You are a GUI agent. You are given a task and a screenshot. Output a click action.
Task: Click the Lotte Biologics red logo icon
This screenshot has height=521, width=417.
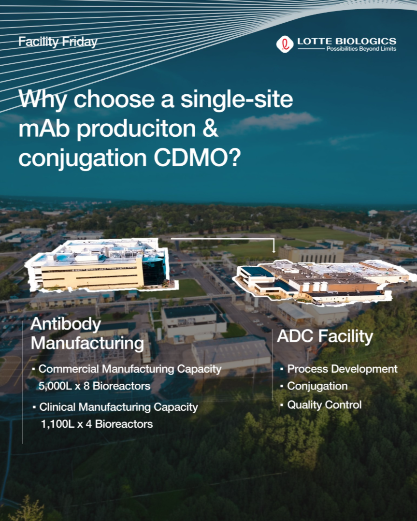[x=285, y=44]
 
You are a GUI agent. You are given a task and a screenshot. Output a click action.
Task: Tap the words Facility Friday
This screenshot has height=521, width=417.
[x=58, y=42]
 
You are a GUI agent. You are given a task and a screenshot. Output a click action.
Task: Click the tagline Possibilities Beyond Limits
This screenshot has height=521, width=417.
[x=361, y=49]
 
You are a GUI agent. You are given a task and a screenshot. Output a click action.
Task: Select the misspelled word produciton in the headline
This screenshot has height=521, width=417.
[x=136, y=129]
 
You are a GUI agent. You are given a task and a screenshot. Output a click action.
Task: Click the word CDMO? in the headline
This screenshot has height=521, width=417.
[x=197, y=158]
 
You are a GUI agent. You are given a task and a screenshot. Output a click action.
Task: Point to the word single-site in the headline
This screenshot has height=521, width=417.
[x=237, y=99]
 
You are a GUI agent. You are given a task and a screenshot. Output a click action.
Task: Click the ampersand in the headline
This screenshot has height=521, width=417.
[x=210, y=129]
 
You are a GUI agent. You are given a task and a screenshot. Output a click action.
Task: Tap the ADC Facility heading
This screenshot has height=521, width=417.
[x=325, y=336]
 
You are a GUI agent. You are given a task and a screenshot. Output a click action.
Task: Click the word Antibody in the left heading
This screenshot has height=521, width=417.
[x=65, y=324]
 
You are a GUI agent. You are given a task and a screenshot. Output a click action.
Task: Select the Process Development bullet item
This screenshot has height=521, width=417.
[x=342, y=369]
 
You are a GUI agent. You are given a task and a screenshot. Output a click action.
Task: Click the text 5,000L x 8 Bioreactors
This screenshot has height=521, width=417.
[x=94, y=386]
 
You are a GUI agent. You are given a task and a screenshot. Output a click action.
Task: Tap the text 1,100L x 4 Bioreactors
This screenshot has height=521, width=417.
[x=97, y=424]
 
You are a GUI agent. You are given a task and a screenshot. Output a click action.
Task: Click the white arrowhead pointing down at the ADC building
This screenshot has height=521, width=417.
[x=274, y=251]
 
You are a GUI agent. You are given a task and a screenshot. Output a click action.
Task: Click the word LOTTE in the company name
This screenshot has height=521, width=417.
[x=315, y=41]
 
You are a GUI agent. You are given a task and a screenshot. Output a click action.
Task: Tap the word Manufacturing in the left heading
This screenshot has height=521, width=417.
[x=87, y=344]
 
